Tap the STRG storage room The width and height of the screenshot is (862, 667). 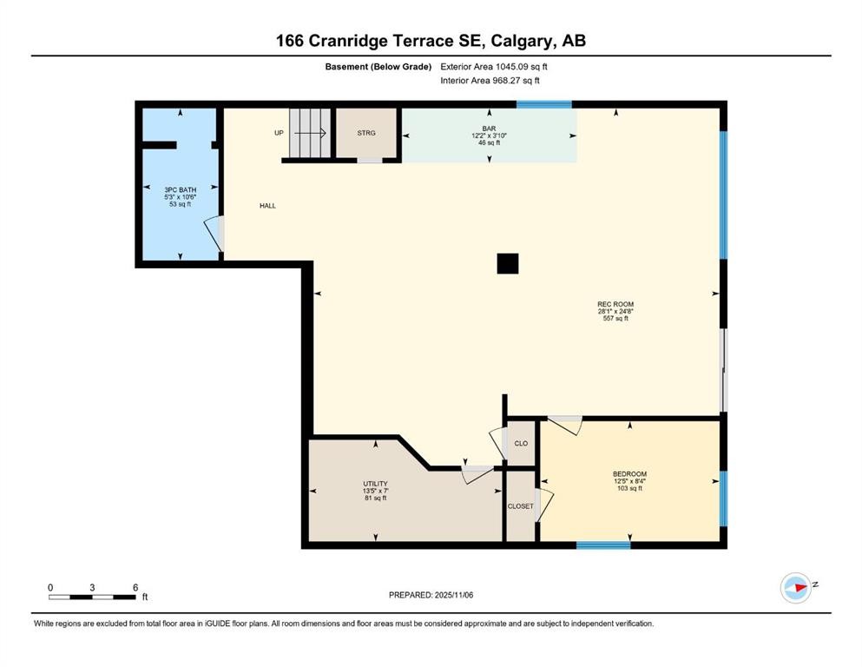[367, 134]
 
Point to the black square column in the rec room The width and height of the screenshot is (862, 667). [508, 263]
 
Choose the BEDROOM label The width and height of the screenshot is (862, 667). [629, 474]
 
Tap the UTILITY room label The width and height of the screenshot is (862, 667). [375, 484]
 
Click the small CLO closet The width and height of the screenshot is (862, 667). [521, 443]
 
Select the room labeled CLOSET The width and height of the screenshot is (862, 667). [521, 506]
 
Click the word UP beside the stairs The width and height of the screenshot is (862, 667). [279, 133]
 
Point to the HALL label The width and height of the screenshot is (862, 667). [267, 206]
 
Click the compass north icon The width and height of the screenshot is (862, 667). [796, 588]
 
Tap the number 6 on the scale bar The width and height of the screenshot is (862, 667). [135, 588]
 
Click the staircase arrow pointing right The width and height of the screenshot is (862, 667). [309, 134]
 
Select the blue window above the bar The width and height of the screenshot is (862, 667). [544, 104]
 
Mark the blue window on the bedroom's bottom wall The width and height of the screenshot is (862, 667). [603, 545]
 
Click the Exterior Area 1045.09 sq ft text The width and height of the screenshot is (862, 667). [494, 66]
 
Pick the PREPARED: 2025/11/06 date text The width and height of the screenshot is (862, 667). [431, 595]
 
